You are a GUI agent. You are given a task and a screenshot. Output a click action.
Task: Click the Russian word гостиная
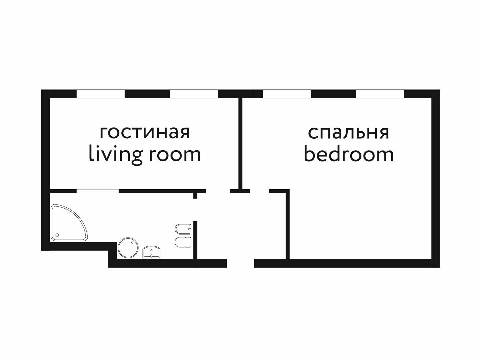point(145,132)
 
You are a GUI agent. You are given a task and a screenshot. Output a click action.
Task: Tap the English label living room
point(145,154)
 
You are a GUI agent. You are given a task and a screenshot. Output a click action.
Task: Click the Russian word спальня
point(348,132)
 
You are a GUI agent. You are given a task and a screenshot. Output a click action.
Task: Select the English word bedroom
point(348,154)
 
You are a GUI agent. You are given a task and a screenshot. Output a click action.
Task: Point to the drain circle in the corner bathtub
point(57,235)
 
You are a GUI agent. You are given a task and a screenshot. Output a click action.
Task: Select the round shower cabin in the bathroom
point(128,247)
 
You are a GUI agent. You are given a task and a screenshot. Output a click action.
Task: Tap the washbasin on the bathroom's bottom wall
point(152,252)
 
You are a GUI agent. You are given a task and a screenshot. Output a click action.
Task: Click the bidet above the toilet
point(183,229)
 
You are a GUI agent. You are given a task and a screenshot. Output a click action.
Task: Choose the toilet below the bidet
point(183,242)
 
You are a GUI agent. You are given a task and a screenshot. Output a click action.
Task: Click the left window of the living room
point(101,94)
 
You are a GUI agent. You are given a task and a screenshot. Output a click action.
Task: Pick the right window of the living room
point(194,94)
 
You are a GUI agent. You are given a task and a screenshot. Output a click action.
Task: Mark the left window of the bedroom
point(287,94)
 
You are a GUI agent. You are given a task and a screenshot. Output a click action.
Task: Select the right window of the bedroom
point(380,94)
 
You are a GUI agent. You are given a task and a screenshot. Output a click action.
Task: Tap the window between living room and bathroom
point(98,191)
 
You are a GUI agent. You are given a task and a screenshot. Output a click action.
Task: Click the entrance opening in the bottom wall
point(240,263)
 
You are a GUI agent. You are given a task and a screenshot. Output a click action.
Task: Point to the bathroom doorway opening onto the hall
point(195,210)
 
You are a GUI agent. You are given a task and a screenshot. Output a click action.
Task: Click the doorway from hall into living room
point(218,191)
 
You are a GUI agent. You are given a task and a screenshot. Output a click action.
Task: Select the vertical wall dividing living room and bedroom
point(240,143)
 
